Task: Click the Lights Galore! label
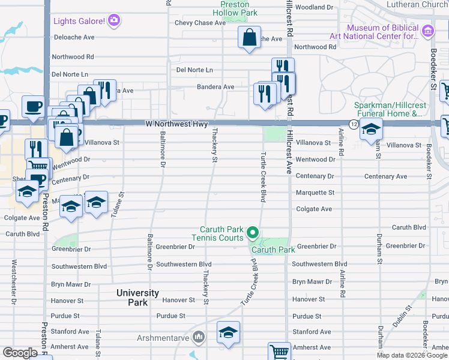[79, 22]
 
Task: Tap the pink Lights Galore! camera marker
[114, 21]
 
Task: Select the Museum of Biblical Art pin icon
[427, 31]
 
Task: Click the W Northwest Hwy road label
[176, 124]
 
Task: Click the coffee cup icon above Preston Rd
[33, 107]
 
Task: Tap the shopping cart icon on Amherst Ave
[279, 352]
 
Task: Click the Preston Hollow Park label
[238, 8]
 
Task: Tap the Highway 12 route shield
[354, 124]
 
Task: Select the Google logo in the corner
[20, 353]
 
